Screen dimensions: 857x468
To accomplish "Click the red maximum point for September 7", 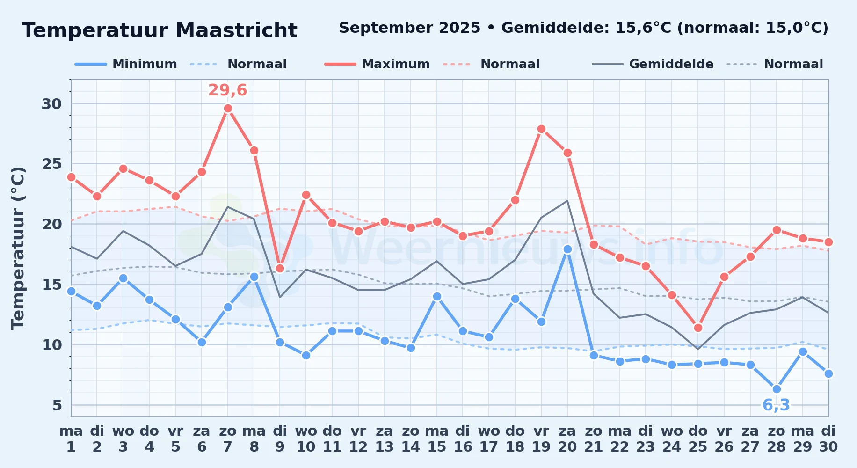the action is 228,109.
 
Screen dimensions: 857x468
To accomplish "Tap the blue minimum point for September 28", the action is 777,389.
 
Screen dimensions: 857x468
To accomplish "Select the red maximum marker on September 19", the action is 541,129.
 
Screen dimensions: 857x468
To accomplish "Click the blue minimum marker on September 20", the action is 567,249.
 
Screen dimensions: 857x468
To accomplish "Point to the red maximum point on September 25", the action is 698,328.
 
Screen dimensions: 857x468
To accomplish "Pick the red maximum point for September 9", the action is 280,268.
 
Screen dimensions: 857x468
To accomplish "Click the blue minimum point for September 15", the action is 437,296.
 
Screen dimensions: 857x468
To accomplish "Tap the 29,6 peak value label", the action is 227,90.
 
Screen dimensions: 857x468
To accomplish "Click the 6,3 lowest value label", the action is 776,405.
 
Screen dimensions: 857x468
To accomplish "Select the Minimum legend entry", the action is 126,64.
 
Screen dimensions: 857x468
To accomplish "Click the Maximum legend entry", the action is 377,64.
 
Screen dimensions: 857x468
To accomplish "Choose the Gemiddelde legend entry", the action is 653,64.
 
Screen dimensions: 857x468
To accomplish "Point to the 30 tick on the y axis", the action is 52,104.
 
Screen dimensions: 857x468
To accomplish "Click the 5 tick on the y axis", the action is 57,405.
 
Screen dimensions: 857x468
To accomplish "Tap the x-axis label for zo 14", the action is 411,439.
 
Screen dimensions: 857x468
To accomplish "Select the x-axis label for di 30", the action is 828,439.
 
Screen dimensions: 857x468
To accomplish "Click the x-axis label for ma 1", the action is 71,439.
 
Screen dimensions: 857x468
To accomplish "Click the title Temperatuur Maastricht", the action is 160,30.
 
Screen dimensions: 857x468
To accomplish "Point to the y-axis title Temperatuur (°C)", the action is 18,248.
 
